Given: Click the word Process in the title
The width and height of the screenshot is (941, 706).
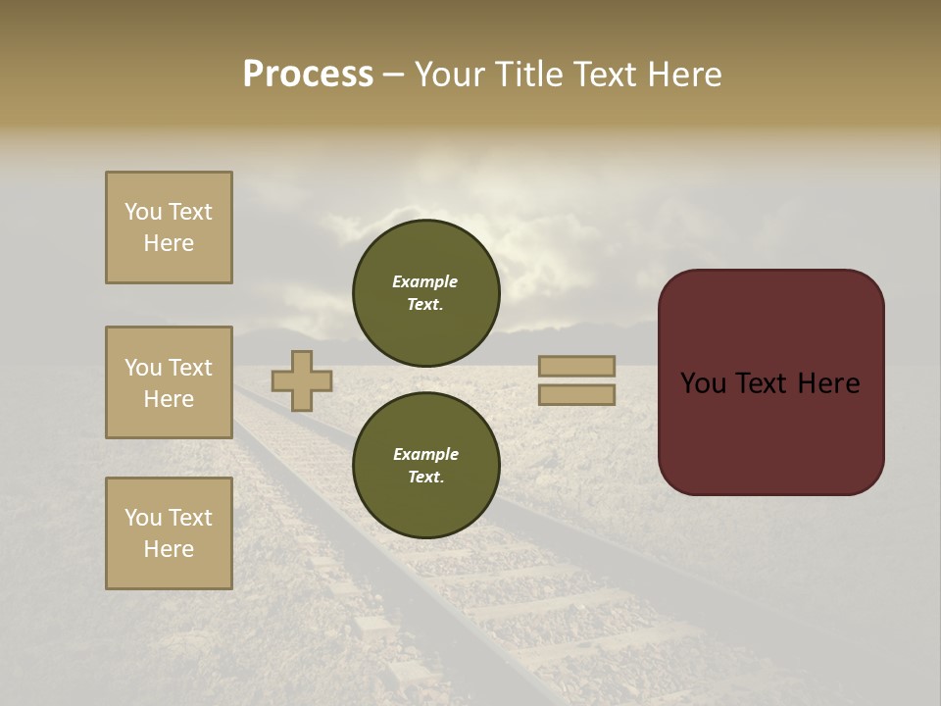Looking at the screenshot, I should coord(308,75).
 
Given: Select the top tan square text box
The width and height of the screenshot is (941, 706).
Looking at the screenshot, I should coord(169,227).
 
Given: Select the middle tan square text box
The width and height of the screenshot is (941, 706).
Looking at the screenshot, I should coord(169,382).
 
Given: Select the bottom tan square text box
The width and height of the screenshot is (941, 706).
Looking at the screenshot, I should coord(169,532).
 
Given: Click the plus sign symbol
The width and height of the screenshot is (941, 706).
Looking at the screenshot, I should coord(301,380).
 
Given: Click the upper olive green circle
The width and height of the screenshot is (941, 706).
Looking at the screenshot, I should coord(425,292).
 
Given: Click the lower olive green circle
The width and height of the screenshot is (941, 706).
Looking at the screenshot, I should coord(425,465).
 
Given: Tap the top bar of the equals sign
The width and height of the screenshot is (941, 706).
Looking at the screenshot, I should coord(576,366).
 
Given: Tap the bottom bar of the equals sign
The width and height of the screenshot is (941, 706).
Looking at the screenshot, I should coord(576,395).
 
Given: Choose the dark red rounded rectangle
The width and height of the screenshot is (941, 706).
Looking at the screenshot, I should coord(770,381).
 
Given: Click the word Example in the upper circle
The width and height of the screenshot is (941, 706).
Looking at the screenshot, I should coord(425,281).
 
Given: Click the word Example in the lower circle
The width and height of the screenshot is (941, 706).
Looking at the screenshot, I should coord(425,454).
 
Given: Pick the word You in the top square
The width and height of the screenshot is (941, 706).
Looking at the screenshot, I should coord(142,212).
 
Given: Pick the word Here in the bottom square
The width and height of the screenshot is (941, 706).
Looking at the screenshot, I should coord(169,549).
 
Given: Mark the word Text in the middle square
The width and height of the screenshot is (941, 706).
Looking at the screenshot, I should coord(190,368).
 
